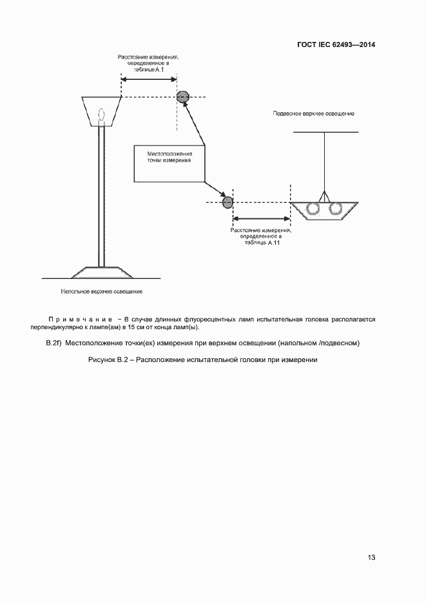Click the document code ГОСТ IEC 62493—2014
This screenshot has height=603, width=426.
pyautogui.click(x=336, y=45)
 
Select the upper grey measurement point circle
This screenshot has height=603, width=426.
pyautogui.click(x=184, y=97)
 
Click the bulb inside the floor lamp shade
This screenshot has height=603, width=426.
pyautogui.click(x=101, y=115)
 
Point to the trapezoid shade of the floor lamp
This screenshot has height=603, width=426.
pyautogui.click(x=101, y=111)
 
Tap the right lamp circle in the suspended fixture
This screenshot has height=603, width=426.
pyautogui.click(x=336, y=209)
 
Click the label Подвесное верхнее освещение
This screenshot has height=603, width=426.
pyautogui.click(x=314, y=113)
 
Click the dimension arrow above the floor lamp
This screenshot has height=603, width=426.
pyautogui.click(x=150, y=79)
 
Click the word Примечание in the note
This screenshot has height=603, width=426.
pyautogui.click(x=81, y=320)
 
